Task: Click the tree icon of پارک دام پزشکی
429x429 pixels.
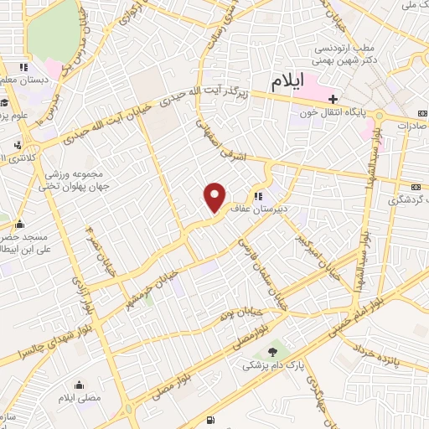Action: click(x=270, y=350)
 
